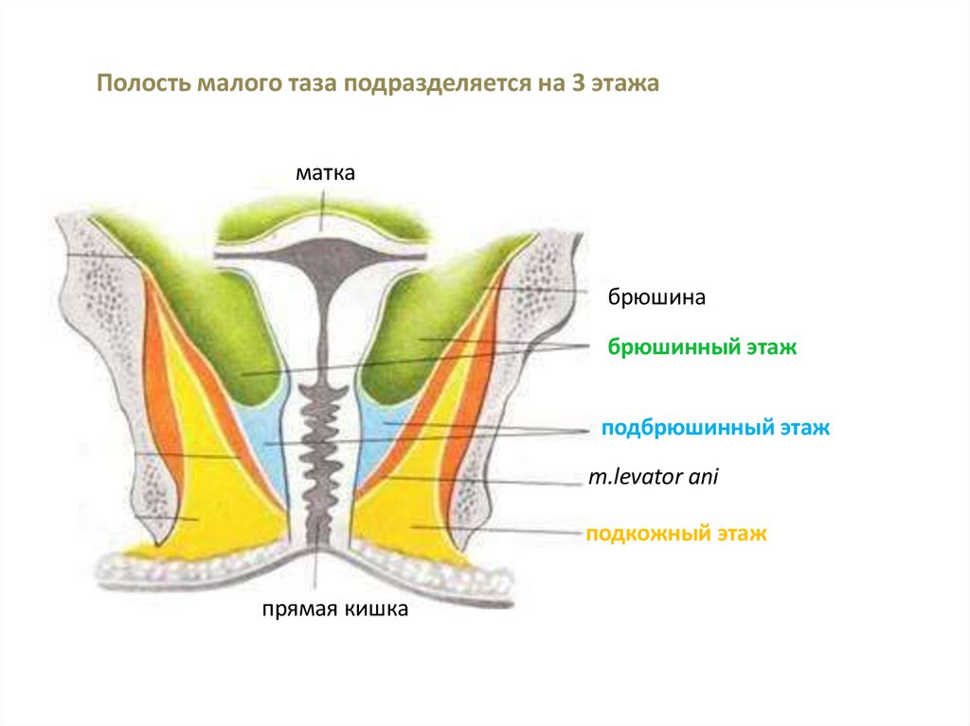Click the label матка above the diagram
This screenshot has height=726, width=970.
click(x=324, y=173)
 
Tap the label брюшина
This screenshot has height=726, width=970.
click(x=656, y=297)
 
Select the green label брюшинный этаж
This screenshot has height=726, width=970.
click(x=703, y=347)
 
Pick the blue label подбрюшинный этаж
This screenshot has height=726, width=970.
click(x=715, y=428)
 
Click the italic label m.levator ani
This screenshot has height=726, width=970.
click(x=654, y=478)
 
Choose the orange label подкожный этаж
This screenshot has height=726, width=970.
click(x=675, y=534)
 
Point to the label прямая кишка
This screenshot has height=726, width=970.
click(x=335, y=611)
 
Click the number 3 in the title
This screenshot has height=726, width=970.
click(x=577, y=83)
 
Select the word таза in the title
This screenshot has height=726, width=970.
click(x=308, y=83)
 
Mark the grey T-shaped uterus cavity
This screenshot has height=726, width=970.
click(x=322, y=260)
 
